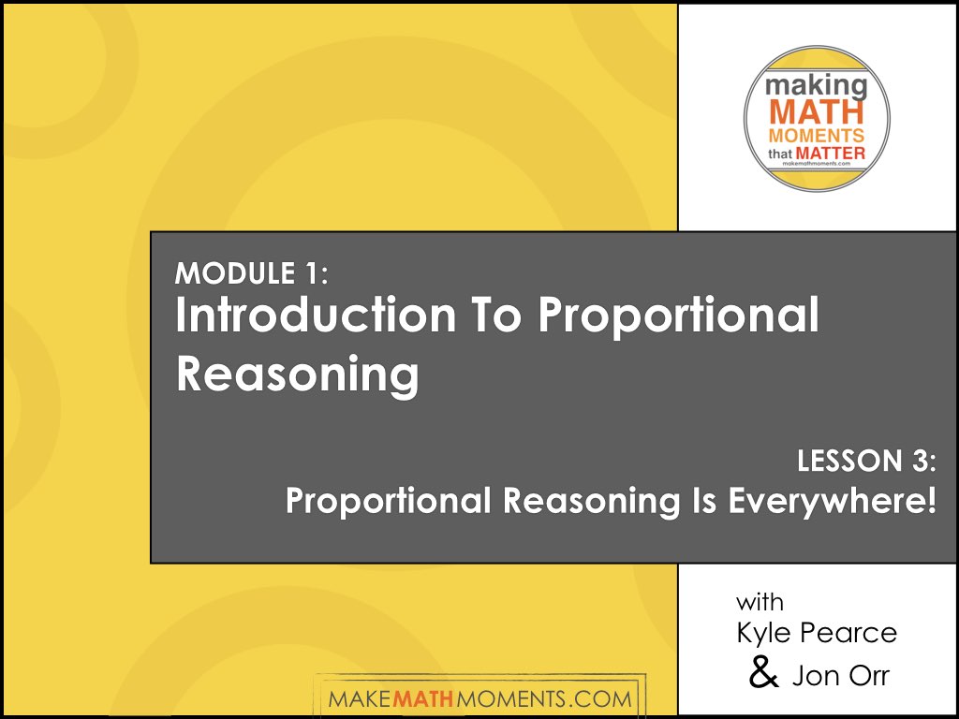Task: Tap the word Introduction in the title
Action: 303,316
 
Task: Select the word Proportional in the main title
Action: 678,316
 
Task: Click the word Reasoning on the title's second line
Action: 297,374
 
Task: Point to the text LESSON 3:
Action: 867,462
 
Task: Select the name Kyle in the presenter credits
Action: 763,634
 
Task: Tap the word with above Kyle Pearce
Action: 760,600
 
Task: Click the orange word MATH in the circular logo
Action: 817,114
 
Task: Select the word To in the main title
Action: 492,316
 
